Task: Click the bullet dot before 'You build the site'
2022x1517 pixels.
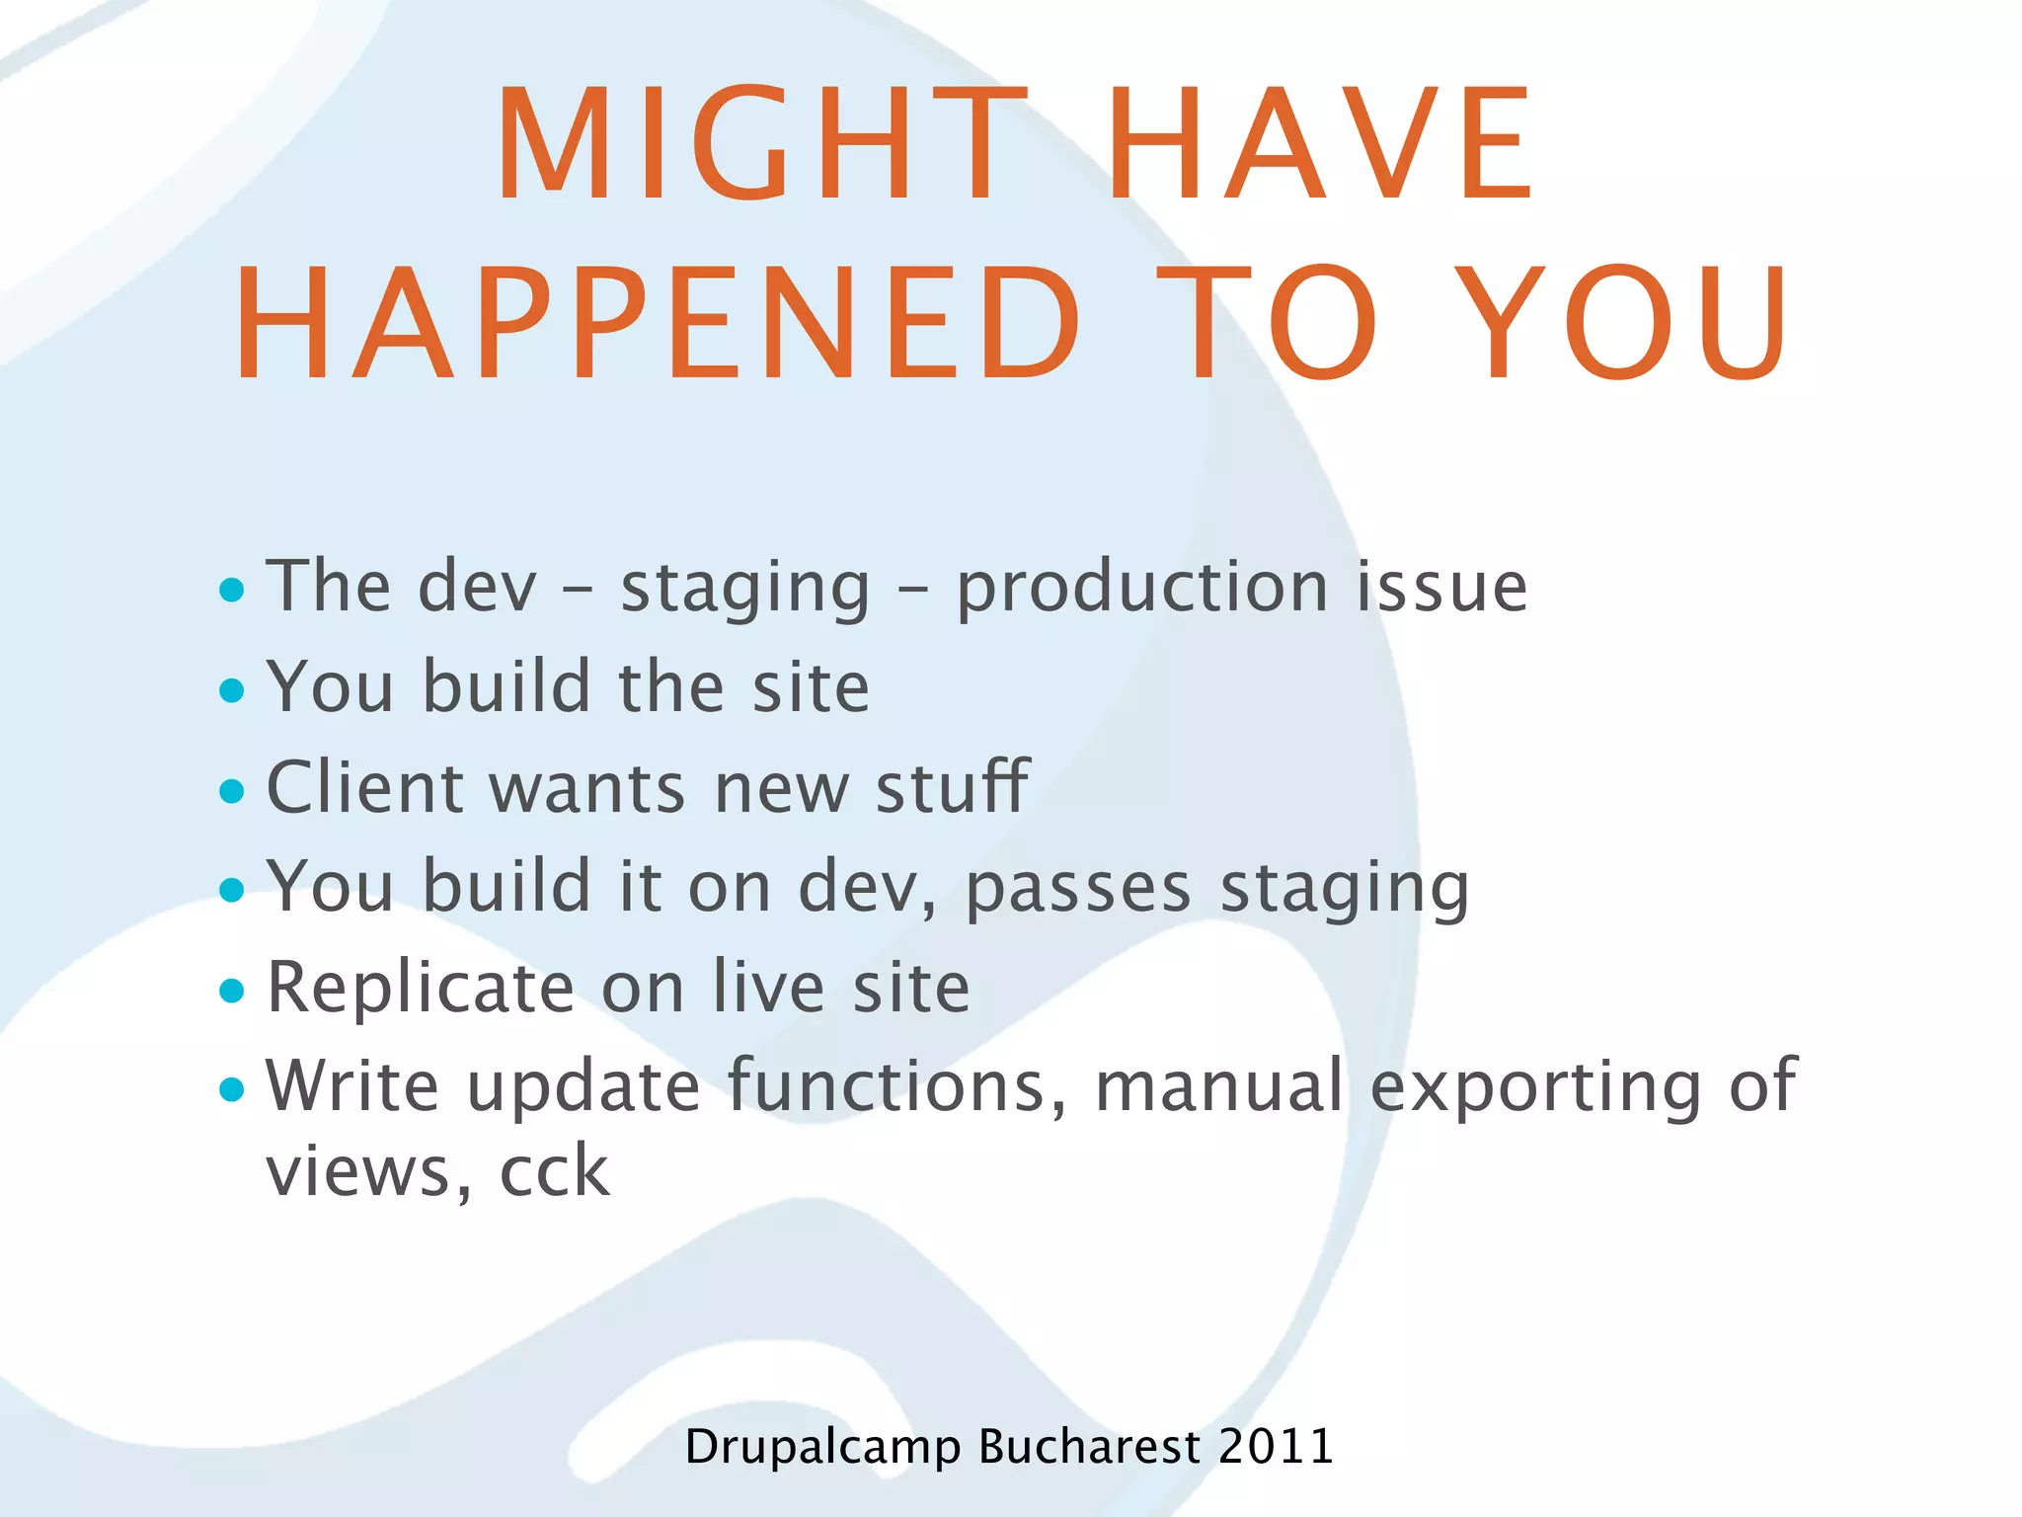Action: [232, 689]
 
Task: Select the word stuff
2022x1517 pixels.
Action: [952, 788]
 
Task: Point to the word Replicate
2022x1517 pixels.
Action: [421, 989]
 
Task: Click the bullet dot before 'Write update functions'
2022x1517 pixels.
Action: [232, 1089]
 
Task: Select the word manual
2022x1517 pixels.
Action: [1219, 1086]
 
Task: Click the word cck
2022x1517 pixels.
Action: [555, 1172]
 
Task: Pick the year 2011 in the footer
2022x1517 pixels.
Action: [1276, 1447]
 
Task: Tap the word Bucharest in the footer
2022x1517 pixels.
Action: [1089, 1447]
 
